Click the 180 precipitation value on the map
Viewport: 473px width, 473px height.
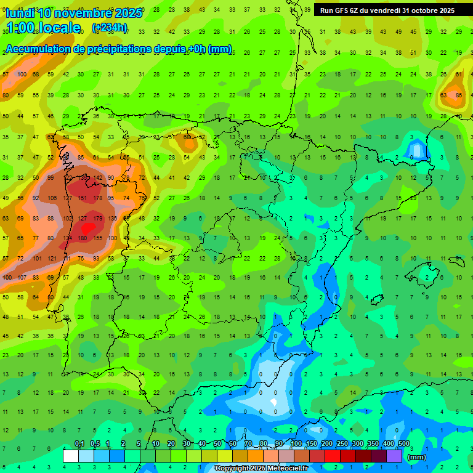click(82, 238)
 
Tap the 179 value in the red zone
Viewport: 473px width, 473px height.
click(97, 218)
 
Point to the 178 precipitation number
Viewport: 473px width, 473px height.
click(97, 198)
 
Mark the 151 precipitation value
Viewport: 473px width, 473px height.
click(82, 198)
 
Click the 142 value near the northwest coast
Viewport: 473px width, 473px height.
click(97, 178)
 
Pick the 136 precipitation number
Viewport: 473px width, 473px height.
click(112, 218)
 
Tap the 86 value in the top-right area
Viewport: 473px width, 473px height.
click(458, 95)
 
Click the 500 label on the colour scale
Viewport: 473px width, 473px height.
click(404, 444)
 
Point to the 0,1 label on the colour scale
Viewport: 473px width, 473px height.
click(79, 444)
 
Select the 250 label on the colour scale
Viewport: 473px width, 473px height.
click(342, 444)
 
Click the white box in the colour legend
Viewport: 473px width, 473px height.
click(71, 456)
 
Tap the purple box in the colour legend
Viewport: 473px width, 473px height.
click(394, 456)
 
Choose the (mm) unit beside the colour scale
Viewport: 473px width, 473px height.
click(418, 457)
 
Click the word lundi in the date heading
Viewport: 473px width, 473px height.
click(22, 13)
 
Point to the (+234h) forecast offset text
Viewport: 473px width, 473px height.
click(109, 27)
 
